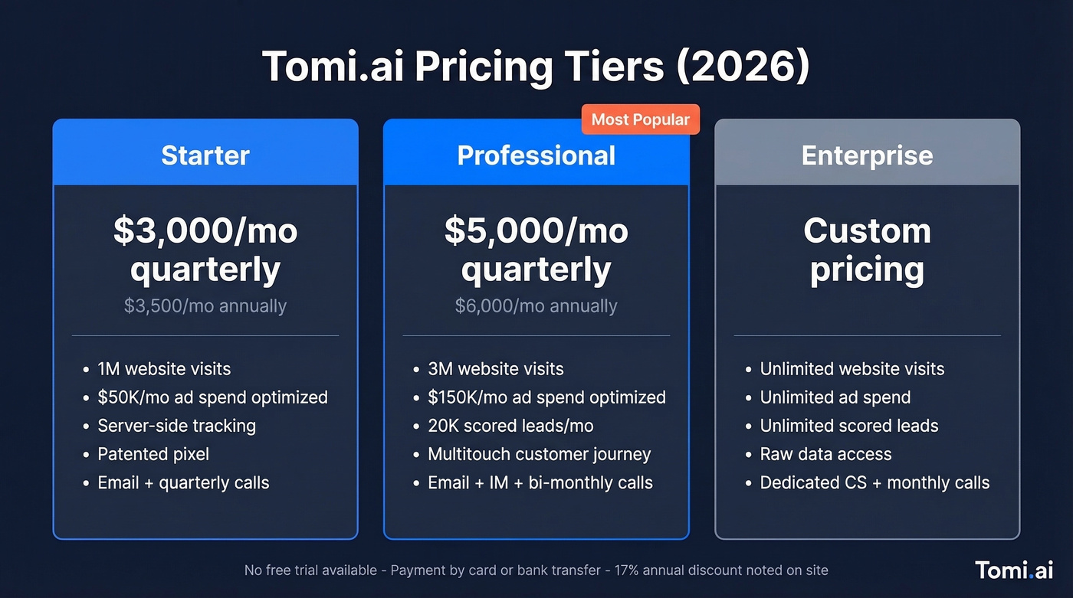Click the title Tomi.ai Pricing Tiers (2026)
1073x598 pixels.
[536, 67]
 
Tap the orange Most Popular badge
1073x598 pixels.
[640, 119]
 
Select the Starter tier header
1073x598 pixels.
[205, 155]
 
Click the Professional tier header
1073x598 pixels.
[536, 155]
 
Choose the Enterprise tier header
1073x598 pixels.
[867, 155]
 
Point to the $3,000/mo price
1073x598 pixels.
[205, 231]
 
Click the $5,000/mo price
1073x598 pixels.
[536, 231]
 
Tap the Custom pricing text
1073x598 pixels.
[867, 250]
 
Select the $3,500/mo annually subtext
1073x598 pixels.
[205, 306]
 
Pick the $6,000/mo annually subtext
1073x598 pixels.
[536, 306]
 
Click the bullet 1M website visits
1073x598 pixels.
[164, 369]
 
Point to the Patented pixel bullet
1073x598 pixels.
[153, 454]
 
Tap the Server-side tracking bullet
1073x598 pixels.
[176, 426]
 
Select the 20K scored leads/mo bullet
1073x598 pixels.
[510, 426]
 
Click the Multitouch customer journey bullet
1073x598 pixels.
[539, 454]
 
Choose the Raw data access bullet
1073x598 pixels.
[825, 454]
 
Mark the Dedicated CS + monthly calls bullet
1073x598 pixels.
[874, 483]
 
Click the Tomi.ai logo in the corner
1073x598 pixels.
[1014, 570]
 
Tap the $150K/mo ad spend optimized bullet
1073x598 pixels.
[546, 397]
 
